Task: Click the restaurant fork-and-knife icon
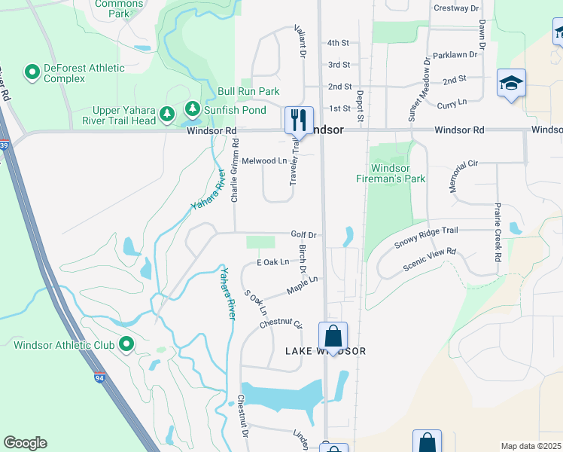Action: (x=299, y=119)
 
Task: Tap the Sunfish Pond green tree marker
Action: (x=193, y=110)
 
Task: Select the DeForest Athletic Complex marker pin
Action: (x=32, y=72)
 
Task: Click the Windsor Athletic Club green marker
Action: (x=126, y=345)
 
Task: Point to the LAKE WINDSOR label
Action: (x=325, y=352)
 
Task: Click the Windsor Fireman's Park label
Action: (x=391, y=173)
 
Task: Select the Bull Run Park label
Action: (x=248, y=91)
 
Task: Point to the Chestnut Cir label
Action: (x=280, y=323)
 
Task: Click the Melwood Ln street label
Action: (x=264, y=161)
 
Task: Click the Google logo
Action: (x=25, y=443)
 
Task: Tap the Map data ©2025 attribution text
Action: (x=531, y=446)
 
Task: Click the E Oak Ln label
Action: (x=272, y=262)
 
